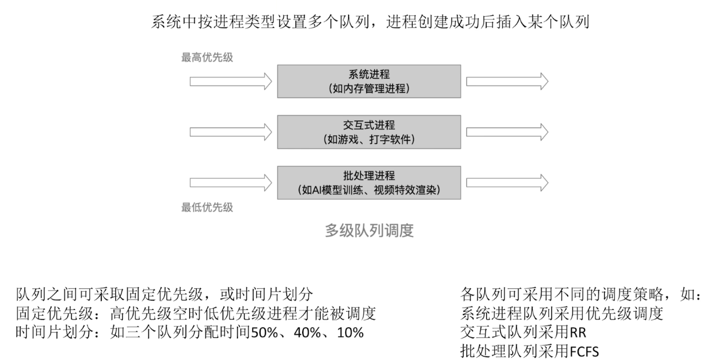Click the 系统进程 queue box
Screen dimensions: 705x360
(369, 81)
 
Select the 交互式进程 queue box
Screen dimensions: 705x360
(369, 131)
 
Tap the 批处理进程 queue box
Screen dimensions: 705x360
(369, 182)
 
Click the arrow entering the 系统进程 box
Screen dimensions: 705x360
(231, 81)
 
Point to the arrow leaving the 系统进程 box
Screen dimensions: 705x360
(507, 81)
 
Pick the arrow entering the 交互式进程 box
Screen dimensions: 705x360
(231, 131)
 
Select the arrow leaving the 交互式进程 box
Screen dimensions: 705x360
(507, 131)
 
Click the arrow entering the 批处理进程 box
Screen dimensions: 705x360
(231, 182)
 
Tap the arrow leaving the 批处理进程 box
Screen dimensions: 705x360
(507, 182)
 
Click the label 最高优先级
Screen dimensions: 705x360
(207, 58)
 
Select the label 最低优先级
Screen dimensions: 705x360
(207, 207)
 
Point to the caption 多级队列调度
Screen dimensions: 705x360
(369, 231)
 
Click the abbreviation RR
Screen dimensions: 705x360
(577, 333)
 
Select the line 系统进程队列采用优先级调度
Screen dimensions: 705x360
(561, 314)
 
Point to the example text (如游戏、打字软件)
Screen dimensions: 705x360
(369, 140)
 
